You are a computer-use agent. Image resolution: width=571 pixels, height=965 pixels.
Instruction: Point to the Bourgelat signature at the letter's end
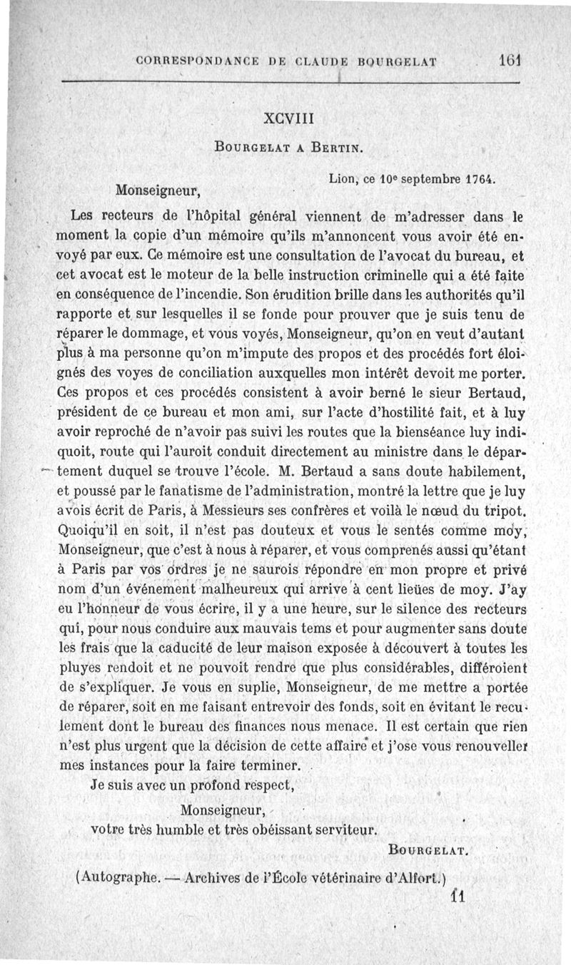pyautogui.click(x=428, y=850)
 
